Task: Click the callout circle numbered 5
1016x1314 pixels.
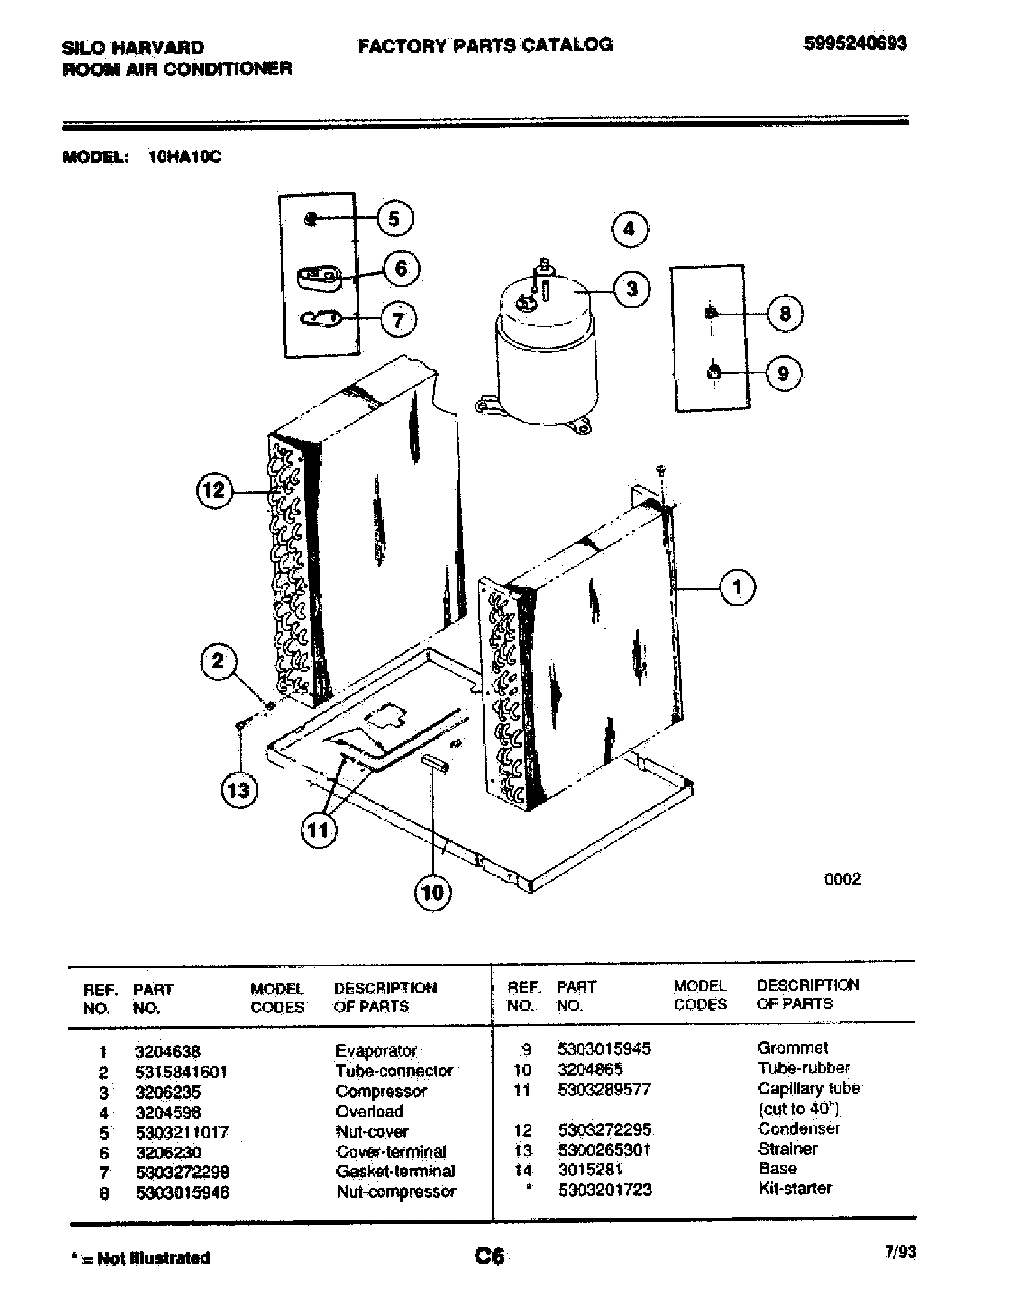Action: (395, 219)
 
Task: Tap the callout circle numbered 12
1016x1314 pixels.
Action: (215, 490)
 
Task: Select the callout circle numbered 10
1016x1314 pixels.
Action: (433, 892)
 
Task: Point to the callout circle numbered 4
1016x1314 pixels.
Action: (629, 229)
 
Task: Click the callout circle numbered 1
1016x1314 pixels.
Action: (738, 587)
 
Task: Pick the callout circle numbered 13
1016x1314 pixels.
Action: (239, 790)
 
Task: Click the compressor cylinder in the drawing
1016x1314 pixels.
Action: (546, 361)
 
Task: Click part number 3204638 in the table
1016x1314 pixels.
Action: (167, 1052)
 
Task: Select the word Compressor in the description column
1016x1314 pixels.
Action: (381, 1091)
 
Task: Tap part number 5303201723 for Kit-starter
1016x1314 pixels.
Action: (604, 1190)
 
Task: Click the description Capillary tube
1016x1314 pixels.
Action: (809, 1088)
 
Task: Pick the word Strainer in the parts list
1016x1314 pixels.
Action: (787, 1149)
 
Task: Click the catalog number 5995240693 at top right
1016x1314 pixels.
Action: (855, 44)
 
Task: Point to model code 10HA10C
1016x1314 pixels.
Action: (185, 157)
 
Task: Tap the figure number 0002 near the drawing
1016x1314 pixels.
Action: (842, 880)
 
